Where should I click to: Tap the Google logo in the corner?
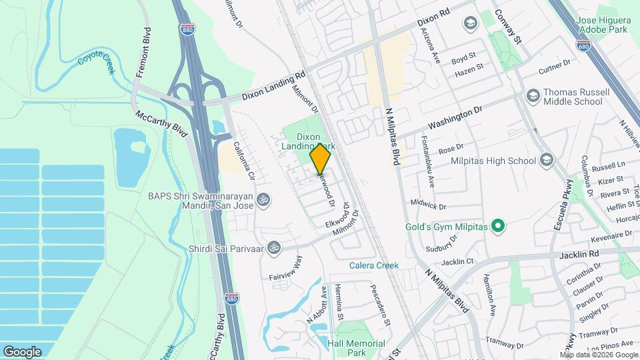pyautogui.click(x=22, y=351)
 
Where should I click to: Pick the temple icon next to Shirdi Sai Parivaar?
pyautogui.click(x=273, y=249)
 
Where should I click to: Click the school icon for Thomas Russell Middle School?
pyautogui.click(x=532, y=96)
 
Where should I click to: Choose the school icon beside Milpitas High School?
pyautogui.click(x=547, y=160)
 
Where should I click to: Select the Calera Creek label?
pyautogui.click(x=374, y=265)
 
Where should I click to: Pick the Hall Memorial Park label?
pyautogui.click(x=357, y=348)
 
